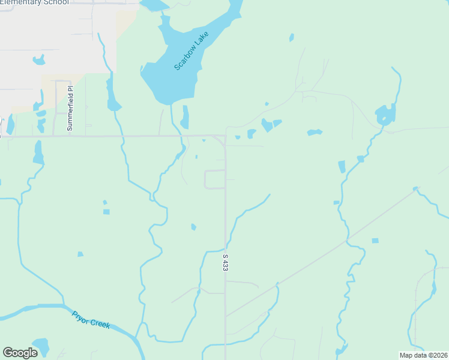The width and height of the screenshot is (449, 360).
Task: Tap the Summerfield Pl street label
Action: coord(70,109)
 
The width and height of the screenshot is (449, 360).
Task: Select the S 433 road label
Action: coord(226,262)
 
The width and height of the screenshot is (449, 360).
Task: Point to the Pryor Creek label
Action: coord(91,319)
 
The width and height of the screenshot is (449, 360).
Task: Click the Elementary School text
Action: coord(34,2)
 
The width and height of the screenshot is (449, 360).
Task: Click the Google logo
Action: coord(20,353)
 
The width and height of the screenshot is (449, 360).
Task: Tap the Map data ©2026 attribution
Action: coord(423,355)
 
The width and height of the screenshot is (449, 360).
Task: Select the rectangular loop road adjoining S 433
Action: coord(214,179)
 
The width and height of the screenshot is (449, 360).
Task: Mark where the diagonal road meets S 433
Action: coord(226,316)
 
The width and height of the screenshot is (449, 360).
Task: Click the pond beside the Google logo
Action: coord(41,346)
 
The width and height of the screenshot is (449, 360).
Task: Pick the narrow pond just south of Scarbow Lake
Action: coord(185,117)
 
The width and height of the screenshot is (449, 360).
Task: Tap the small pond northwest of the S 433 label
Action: coord(193,227)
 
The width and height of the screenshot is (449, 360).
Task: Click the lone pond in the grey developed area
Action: coord(39,60)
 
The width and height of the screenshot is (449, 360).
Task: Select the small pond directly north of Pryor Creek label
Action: coord(80,254)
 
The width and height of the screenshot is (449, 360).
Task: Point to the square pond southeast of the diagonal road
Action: coord(375,241)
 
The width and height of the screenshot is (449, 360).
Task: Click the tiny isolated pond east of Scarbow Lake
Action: coord(292,37)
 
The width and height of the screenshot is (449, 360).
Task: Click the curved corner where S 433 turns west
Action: coord(220,139)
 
